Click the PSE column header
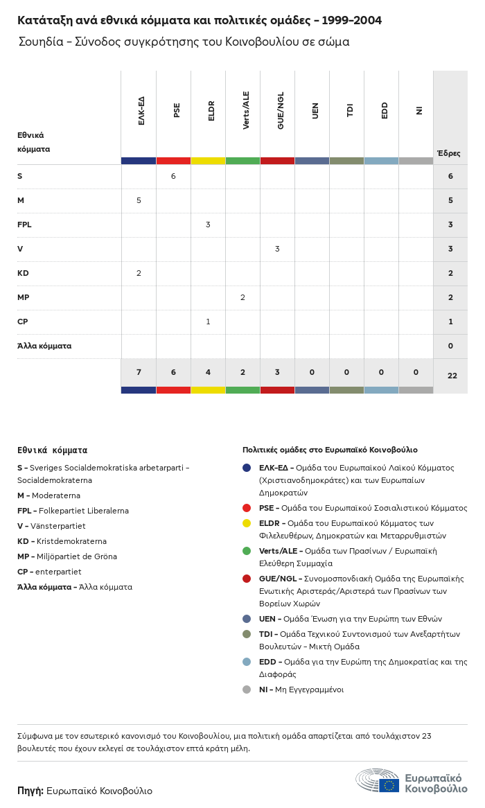tap(177, 110)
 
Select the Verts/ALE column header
tap(246, 110)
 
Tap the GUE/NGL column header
tap(281, 110)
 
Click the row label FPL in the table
tap(24, 225)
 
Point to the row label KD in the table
tap(23, 273)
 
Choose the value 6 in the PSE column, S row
tap(173, 176)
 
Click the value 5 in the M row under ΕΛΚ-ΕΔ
tap(139, 200)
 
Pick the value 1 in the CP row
tap(208, 322)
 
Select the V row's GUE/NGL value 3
tap(277, 249)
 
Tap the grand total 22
tap(452, 376)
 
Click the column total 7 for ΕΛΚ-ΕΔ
tap(139, 372)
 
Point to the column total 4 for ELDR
tap(208, 372)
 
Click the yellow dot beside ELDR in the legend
tap(247, 523)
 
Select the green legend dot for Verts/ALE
tap(247, 551)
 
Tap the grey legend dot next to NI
tap(247, 690)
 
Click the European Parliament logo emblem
tap(378, 781)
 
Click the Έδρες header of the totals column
tap(449, 153)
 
